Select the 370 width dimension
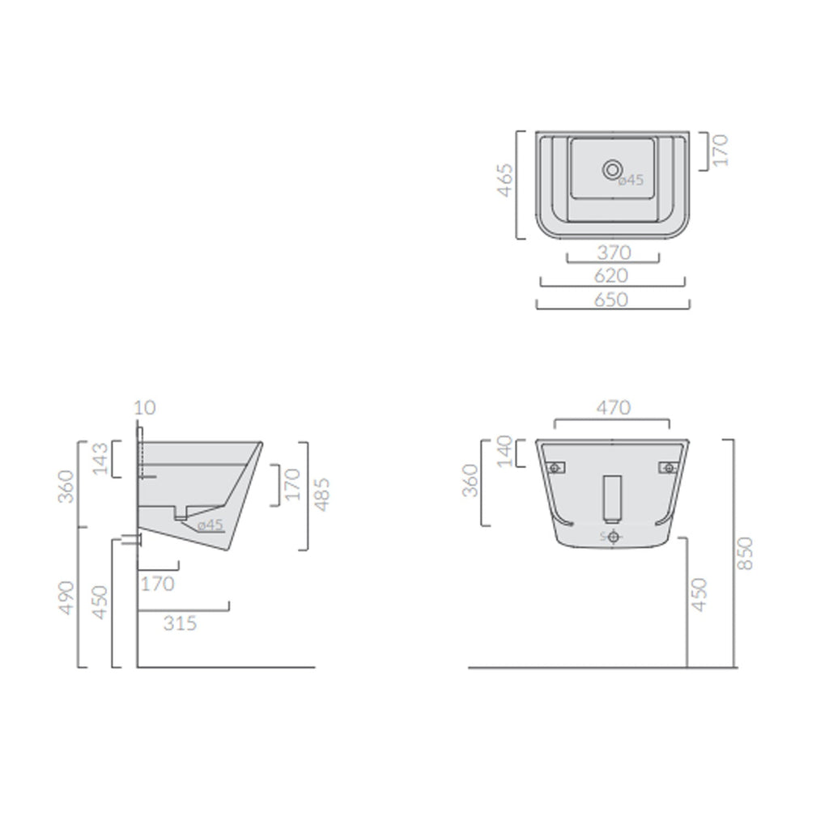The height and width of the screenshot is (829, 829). point(613,253)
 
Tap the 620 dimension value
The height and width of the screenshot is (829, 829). point(612,275)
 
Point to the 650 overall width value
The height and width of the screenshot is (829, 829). point(612,299)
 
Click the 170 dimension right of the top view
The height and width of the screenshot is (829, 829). point(721,151)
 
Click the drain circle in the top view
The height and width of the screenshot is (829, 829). point(612,169)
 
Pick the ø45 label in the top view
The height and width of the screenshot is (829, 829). point(631,181)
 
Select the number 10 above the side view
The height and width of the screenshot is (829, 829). point(144,407)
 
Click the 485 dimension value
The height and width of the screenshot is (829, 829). point(322,495)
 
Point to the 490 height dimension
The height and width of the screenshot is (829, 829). point(67,597)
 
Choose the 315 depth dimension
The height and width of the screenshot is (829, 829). point(180,623)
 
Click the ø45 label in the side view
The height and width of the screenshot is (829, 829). point(210,525)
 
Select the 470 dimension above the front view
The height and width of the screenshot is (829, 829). point(612,408)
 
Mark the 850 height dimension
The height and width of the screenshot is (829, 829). point(746,553)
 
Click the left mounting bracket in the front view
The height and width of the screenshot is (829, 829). point(555,467)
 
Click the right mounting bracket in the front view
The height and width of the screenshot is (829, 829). point(669,467)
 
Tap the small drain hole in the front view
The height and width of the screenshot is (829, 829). point(613,536)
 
